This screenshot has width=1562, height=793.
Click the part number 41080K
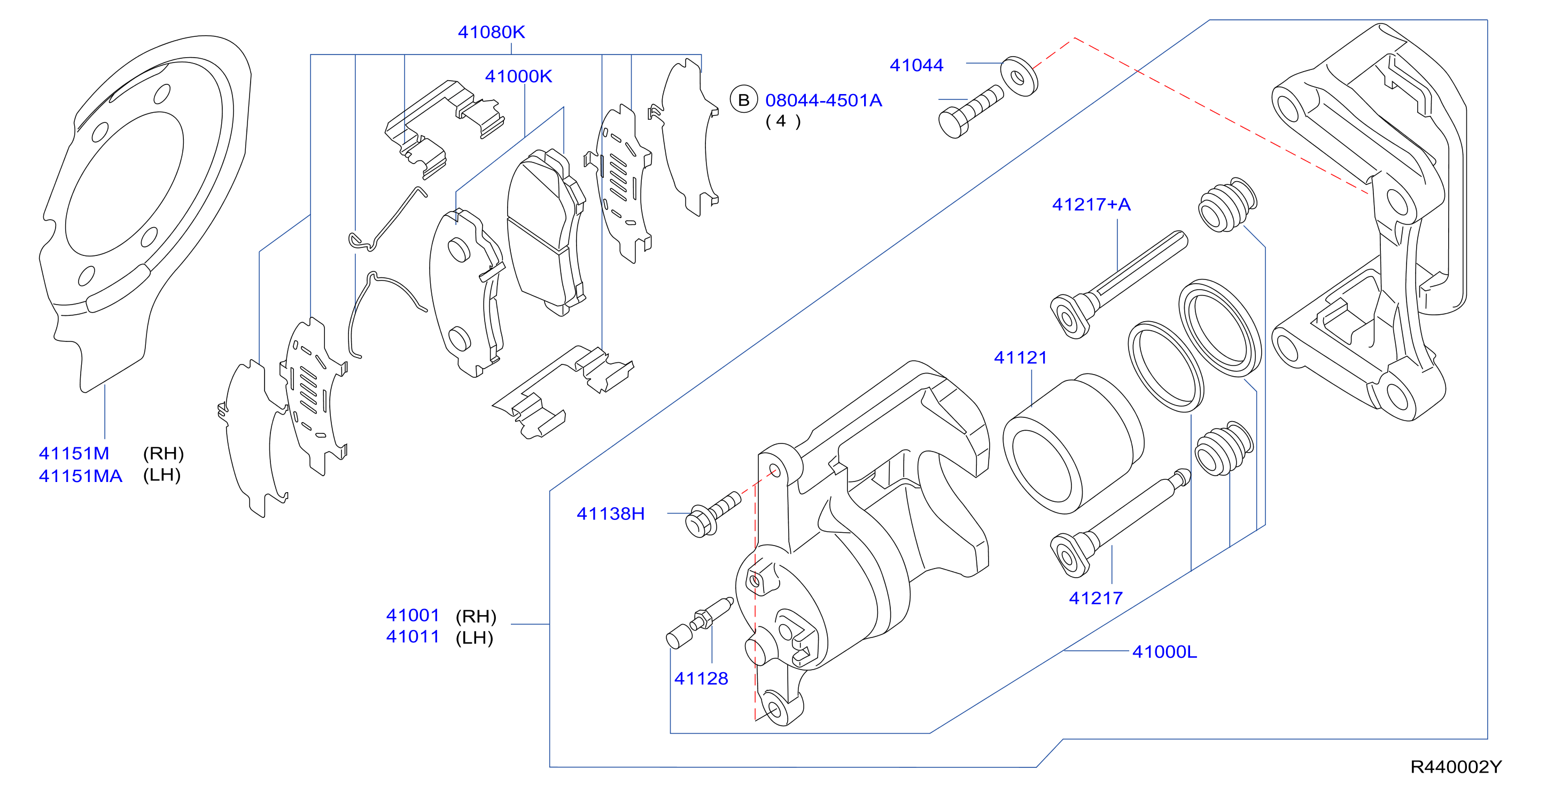pos(491,32)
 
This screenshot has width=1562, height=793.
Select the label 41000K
pos(518,76)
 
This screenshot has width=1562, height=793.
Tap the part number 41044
pos(916,66)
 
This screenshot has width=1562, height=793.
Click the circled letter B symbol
pos(743,100)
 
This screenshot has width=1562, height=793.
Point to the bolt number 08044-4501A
pos(823,100)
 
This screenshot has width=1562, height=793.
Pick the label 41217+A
pos(1091,204)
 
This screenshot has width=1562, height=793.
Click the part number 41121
pos(1021,357)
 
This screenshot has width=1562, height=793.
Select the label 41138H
pos(611,514)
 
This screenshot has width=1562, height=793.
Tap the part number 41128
pos(701,679)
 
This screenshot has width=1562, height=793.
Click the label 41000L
pos(1165,652)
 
